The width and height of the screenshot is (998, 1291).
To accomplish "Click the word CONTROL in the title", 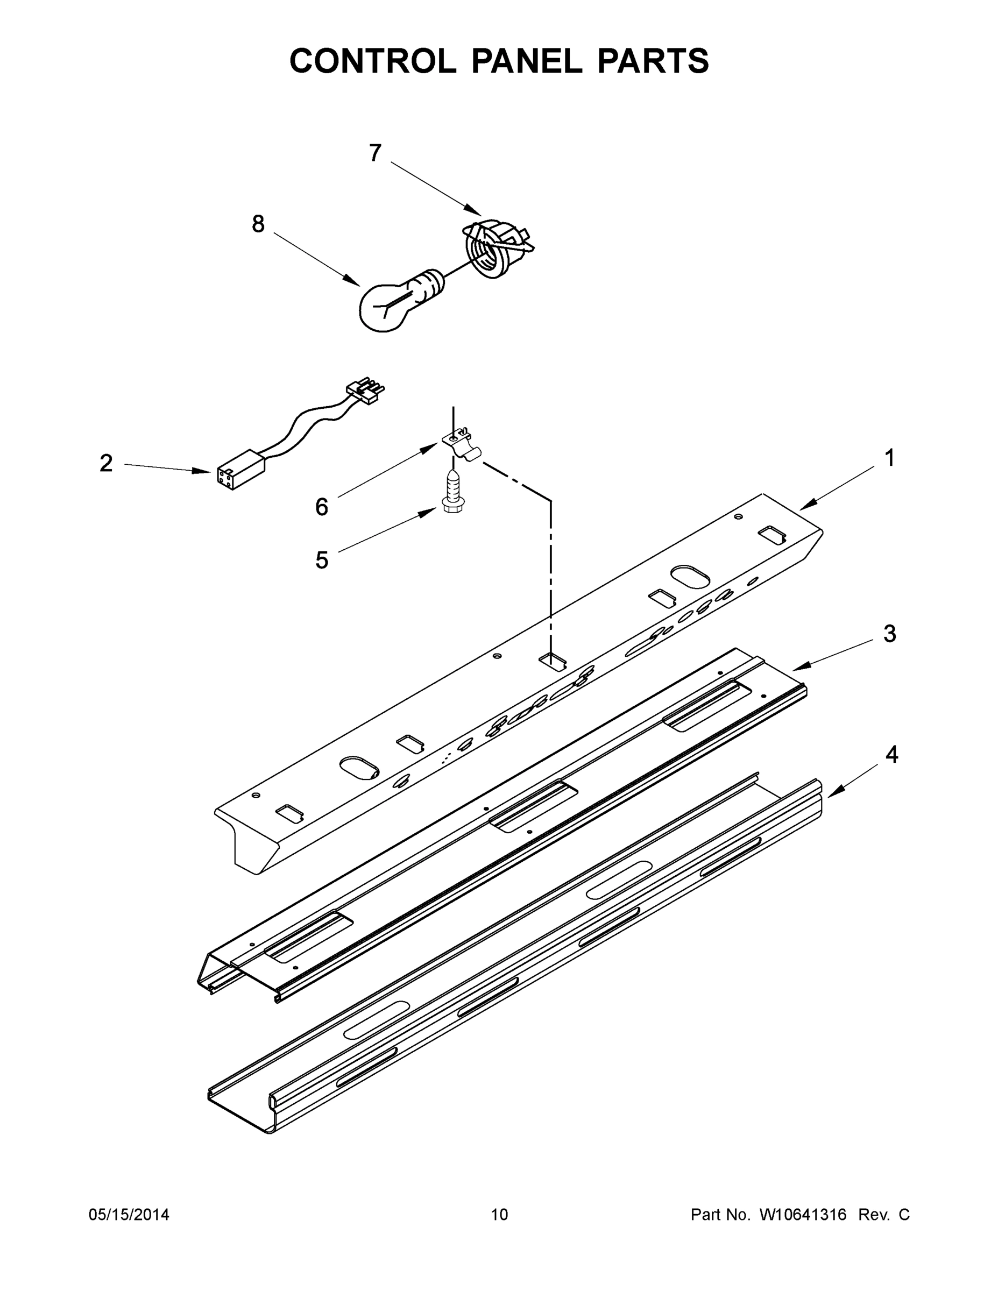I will point(372,61).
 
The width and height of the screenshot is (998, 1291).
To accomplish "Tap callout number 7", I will point(375,153).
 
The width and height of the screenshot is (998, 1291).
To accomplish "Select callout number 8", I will point(258,224).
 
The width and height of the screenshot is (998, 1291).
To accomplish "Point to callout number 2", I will point(106,464).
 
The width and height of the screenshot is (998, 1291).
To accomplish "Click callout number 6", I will point(321,507).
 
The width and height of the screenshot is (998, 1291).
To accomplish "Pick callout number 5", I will point(321,560).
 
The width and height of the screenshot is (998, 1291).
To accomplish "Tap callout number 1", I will point(889,458).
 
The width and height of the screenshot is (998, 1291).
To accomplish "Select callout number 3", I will point(889,634).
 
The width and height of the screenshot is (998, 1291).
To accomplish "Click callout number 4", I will point(891,755).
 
